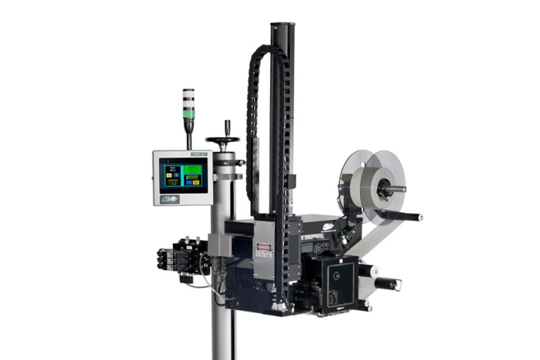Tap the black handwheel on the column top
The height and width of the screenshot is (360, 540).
[223, 140]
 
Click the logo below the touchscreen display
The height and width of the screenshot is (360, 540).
[171, 199]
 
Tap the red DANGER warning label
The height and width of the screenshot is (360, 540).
[263, 247]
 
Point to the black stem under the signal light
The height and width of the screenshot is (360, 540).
[189, 127]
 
